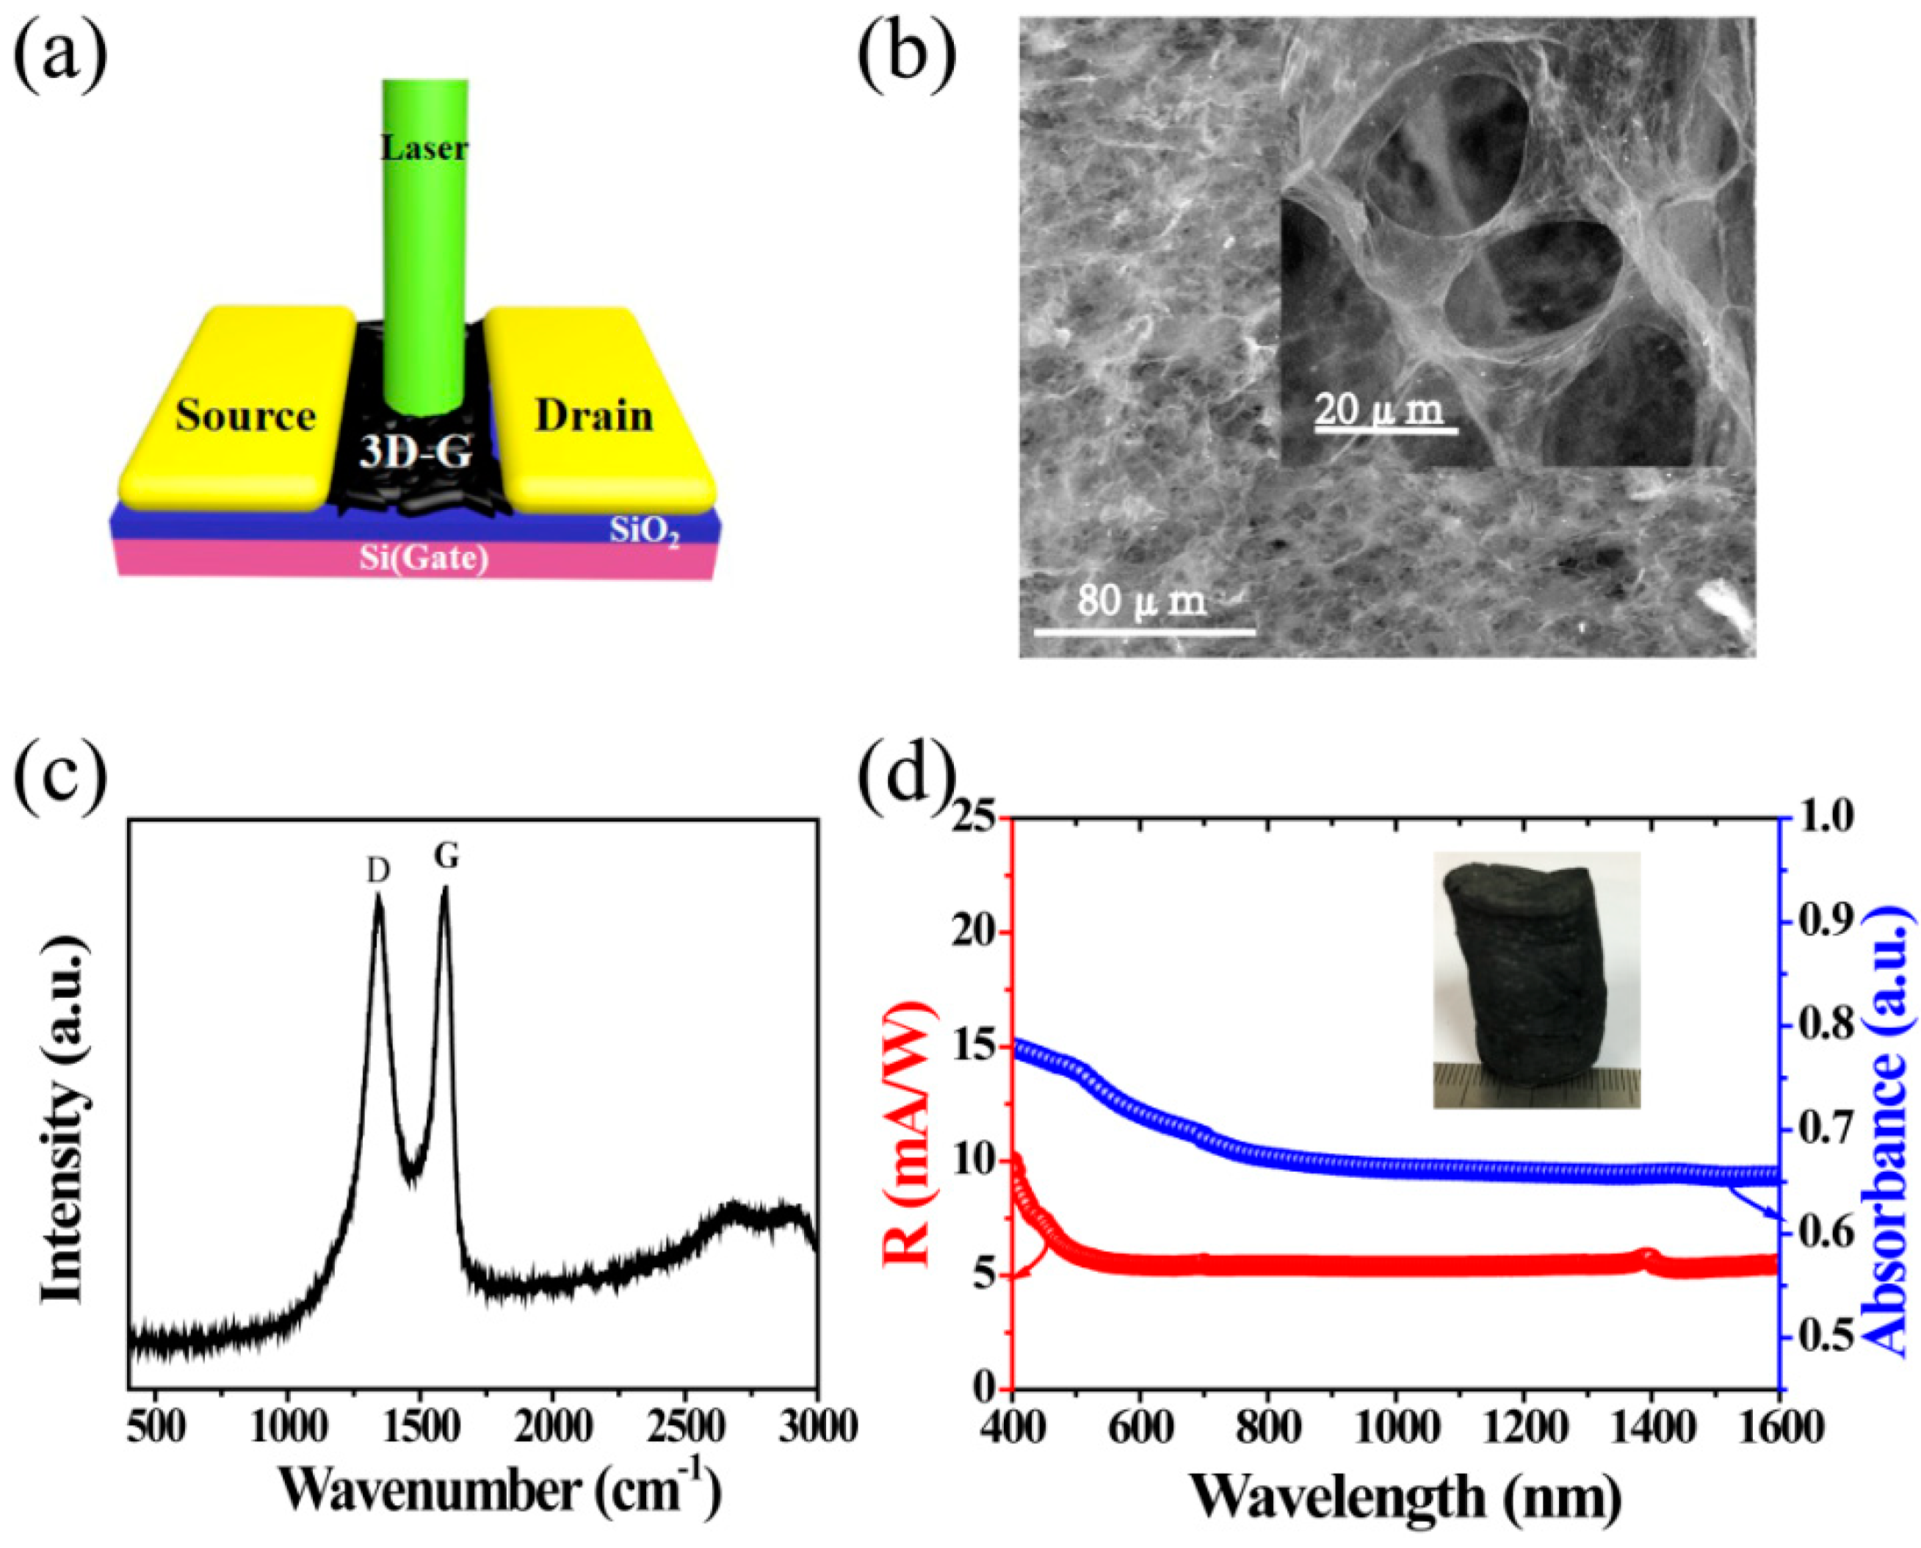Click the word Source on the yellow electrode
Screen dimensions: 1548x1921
click(x=245, y=417)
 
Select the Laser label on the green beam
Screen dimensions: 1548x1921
click(x=424, y=148)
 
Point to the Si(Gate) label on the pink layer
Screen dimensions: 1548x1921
click(x=424, y=558)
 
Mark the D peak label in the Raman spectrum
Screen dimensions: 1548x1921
click(x=378, y=872)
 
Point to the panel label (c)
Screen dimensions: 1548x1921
click(x=61, y=774)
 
